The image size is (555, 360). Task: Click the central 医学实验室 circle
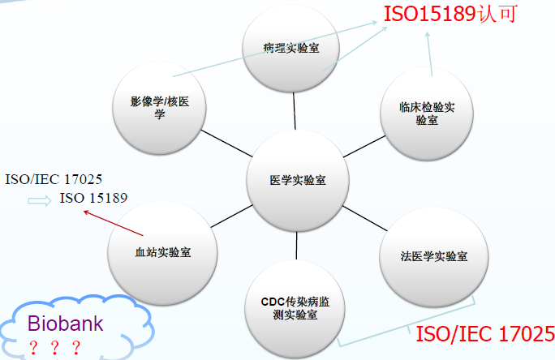(298, 180)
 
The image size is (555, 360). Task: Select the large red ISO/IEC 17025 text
(485, 333)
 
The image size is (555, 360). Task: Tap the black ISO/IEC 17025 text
(54, 179)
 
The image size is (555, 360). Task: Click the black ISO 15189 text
(93, 199)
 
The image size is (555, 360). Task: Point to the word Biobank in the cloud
(66, 324)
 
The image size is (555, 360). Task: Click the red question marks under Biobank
(55, 348)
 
